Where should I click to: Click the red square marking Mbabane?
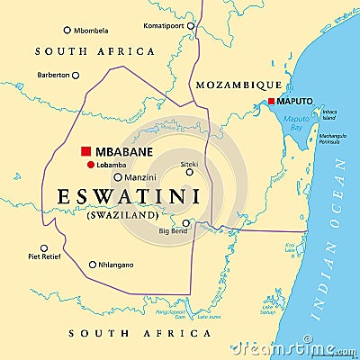tap(86, 151)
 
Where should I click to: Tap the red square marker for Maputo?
tap(271, 101)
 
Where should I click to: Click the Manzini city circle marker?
tap(118, 178)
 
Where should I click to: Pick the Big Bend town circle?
tap(186, 223)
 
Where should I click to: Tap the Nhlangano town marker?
tap(92, 265)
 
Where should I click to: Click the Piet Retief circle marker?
tap(44, 247)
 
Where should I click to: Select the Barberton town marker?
tap(76, 76)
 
